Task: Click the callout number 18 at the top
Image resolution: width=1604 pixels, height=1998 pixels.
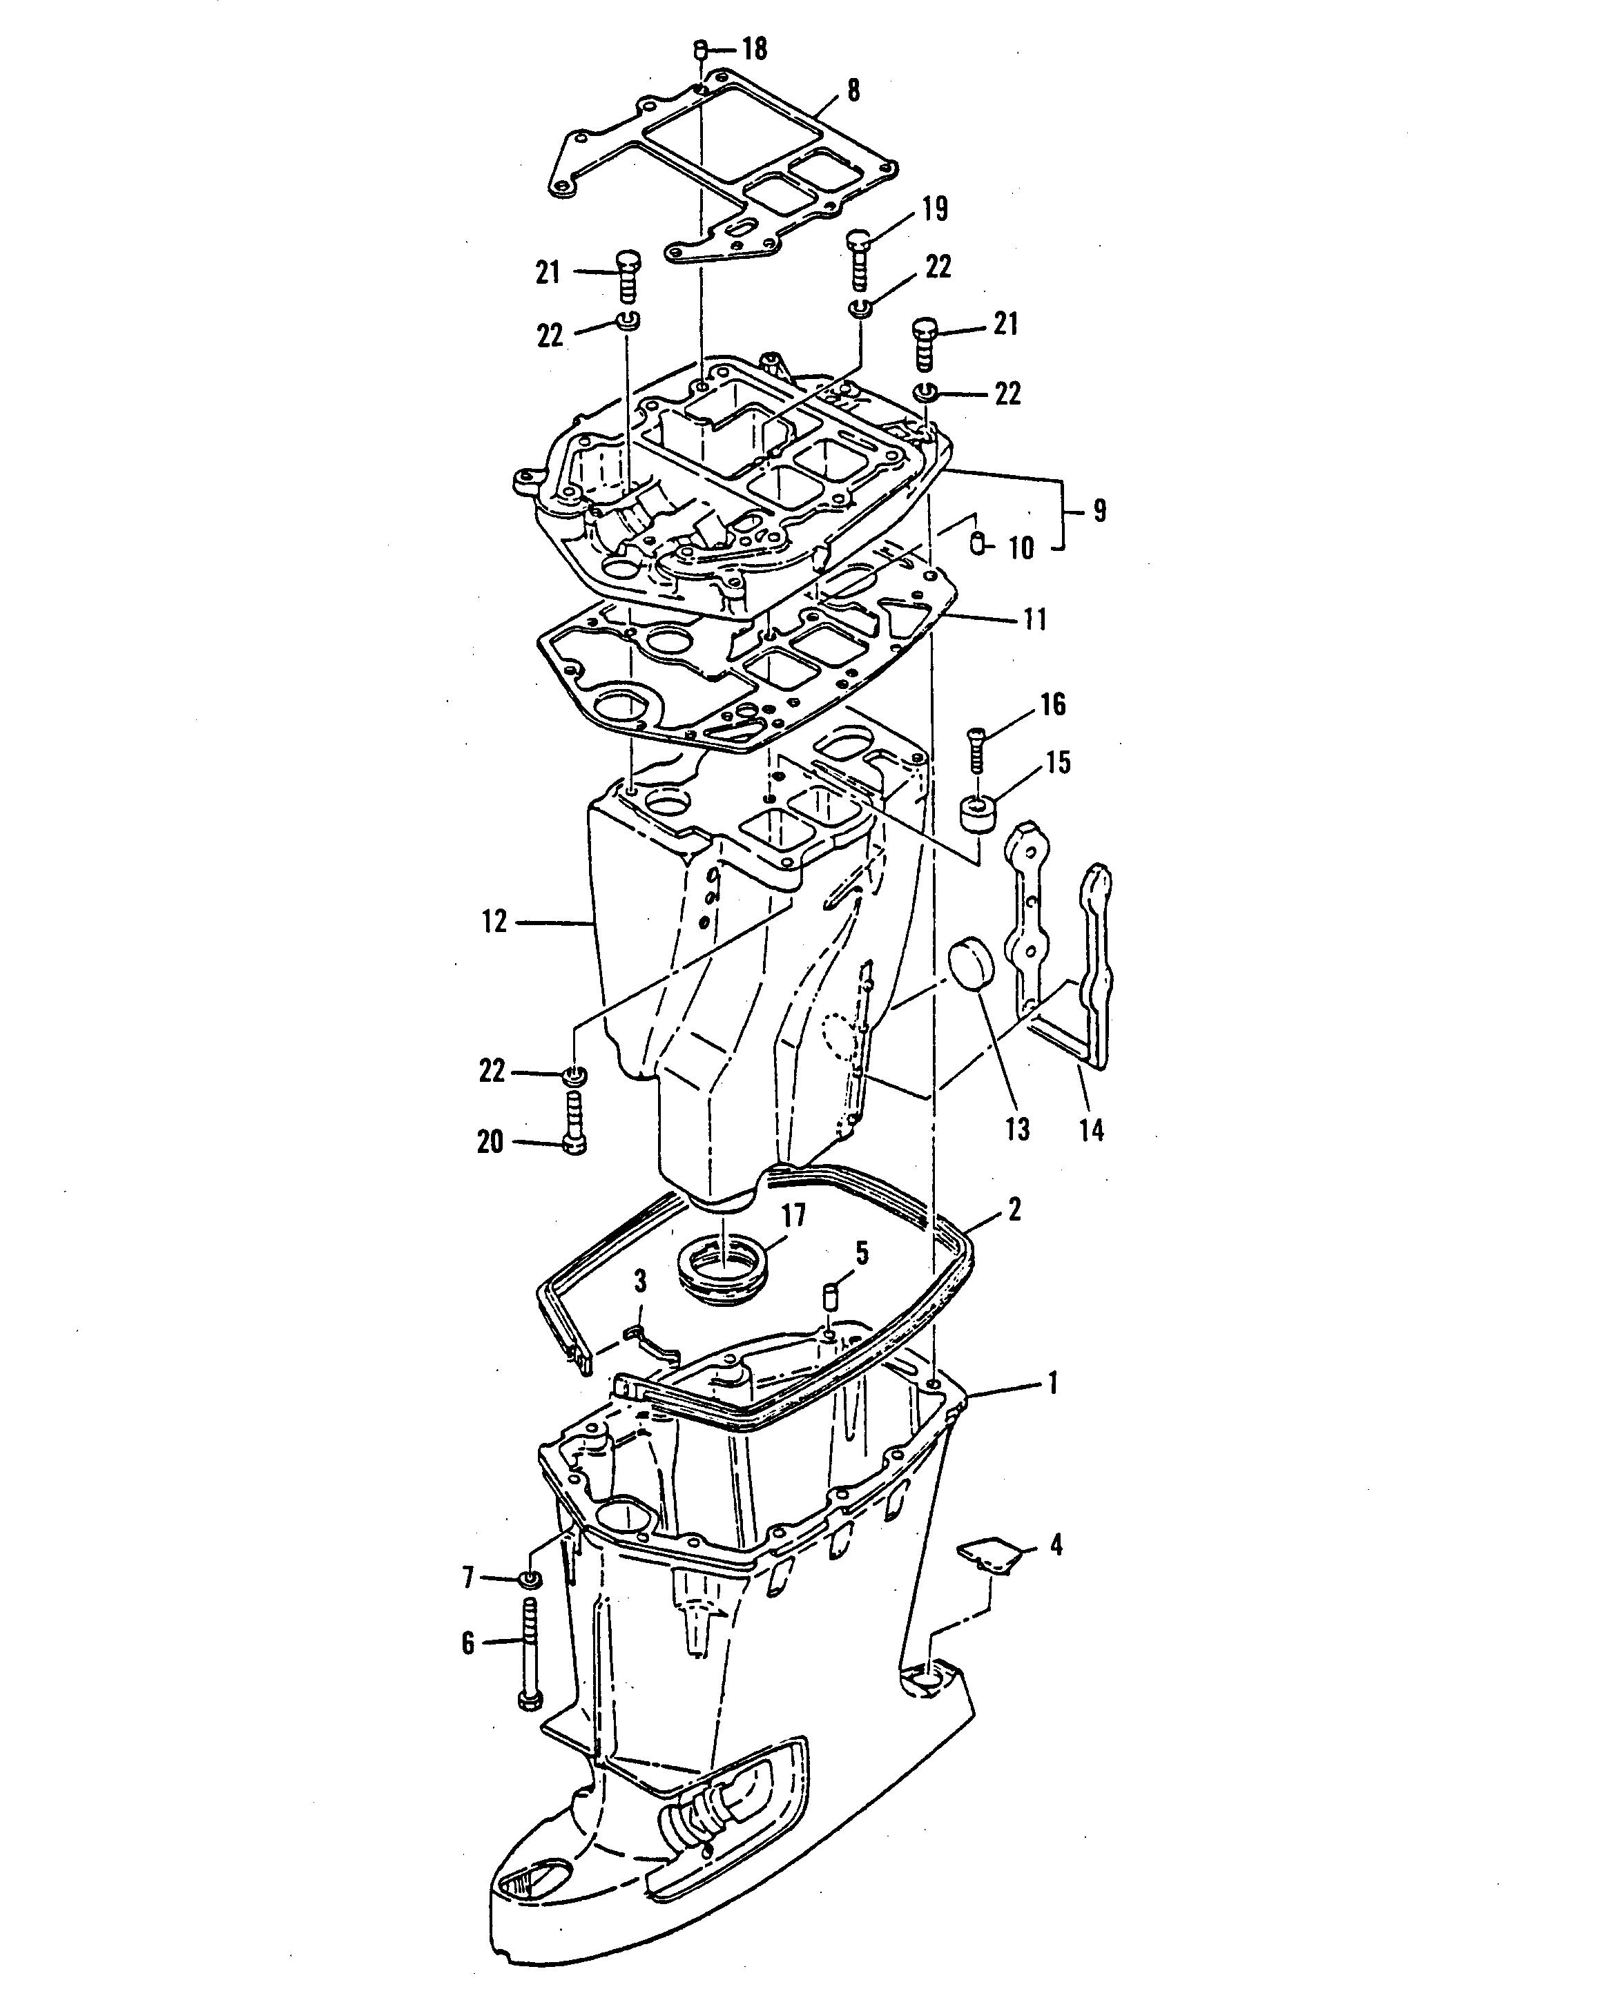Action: pyautogui.click(x=755, y=49)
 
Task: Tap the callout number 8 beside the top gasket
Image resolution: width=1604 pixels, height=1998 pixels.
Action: pyautogui.click(x=853, y=91)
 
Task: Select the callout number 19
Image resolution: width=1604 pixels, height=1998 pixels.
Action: pyautogui.click(x=936, y=209)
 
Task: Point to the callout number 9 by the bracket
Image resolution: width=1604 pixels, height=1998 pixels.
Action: pyautogui.click(x=1099, y=511)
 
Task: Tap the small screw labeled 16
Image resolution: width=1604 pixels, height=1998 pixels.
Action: pyautogui.click(x=975, y=750)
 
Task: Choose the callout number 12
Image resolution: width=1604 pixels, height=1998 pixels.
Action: pyautogui.click(x=494, y=922)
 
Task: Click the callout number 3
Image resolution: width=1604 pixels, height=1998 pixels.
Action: pyautogui.click(x=639, y=1283)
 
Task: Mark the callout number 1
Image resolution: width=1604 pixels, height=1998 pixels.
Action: pyautogui.click(x=1052, y=1384)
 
